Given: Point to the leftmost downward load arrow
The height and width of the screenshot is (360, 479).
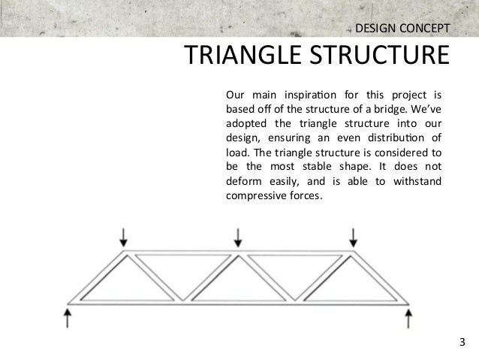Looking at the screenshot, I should [124, 237].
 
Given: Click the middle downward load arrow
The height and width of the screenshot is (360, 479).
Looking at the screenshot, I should [238, 237].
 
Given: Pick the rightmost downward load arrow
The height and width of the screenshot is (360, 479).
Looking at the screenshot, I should [353, 237].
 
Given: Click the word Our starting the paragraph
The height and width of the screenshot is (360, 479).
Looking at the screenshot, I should [236, 95].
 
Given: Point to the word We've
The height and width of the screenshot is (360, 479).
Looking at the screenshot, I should [422, 110].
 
